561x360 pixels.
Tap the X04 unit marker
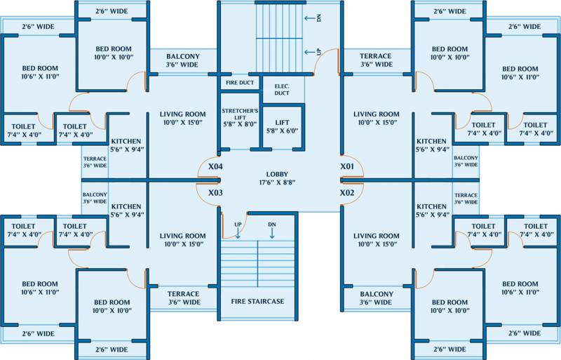[215, 167]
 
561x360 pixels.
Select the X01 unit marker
[347, 167]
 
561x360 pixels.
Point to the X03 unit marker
[215, 192]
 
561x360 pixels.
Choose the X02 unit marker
[347, 192]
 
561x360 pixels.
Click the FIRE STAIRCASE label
[257, 302]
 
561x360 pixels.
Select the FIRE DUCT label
[239, 82]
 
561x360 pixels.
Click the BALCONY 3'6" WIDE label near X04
[182, 60]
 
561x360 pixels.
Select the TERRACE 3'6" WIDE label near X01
[375, 60]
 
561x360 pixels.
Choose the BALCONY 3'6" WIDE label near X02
[376, 298]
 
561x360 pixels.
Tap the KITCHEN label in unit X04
[126, 145]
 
